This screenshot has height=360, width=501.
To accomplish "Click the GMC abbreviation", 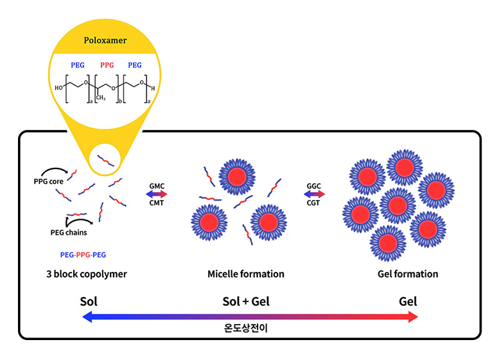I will pos(157,186).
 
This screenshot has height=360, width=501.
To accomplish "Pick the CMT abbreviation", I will pos(157,203).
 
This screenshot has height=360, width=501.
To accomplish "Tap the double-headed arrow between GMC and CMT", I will pos(157,194).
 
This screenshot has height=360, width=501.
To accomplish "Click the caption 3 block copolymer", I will pos(87,274).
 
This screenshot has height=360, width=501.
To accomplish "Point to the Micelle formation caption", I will pos(246,274).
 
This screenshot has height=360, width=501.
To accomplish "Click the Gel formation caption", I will pos(408,274).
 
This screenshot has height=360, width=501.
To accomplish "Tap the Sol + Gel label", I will pos(246,301).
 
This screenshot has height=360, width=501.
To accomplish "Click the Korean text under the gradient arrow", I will pos(247,327).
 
